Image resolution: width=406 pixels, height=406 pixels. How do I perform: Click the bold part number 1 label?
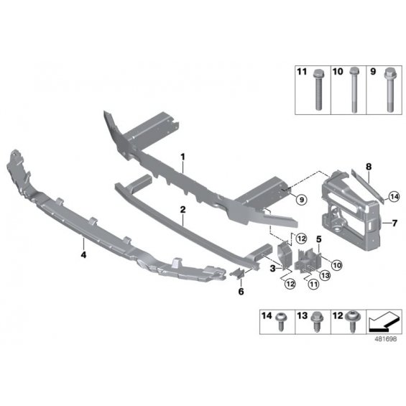pos(183,157)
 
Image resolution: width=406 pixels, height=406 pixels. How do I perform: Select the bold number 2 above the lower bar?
pos(183,210)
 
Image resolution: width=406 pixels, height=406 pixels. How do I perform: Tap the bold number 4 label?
pos(83,255)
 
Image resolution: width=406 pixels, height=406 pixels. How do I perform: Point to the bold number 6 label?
pos(241,292)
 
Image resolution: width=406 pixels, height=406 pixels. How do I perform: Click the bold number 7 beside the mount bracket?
pos(395,223)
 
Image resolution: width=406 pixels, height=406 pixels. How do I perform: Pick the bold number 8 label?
pos(369,167)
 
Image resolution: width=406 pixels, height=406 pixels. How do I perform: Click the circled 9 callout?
pos(301,200)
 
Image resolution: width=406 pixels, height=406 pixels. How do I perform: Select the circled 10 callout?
pos(336,265)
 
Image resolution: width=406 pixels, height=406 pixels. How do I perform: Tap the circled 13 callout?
pos(325,275)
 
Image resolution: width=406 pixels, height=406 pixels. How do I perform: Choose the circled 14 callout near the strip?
pos(394,197)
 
